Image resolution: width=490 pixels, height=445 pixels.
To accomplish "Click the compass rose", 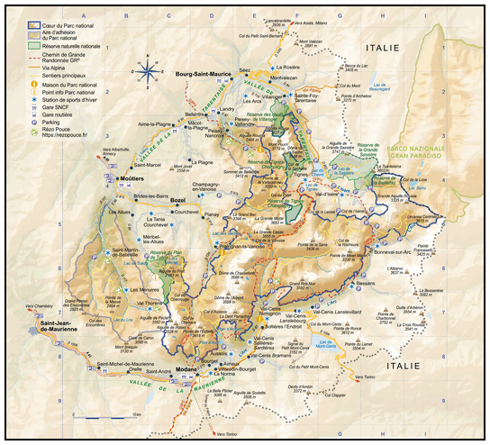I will (x=147, y=68).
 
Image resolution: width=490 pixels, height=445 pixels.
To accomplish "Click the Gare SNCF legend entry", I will (x=68, y=109).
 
